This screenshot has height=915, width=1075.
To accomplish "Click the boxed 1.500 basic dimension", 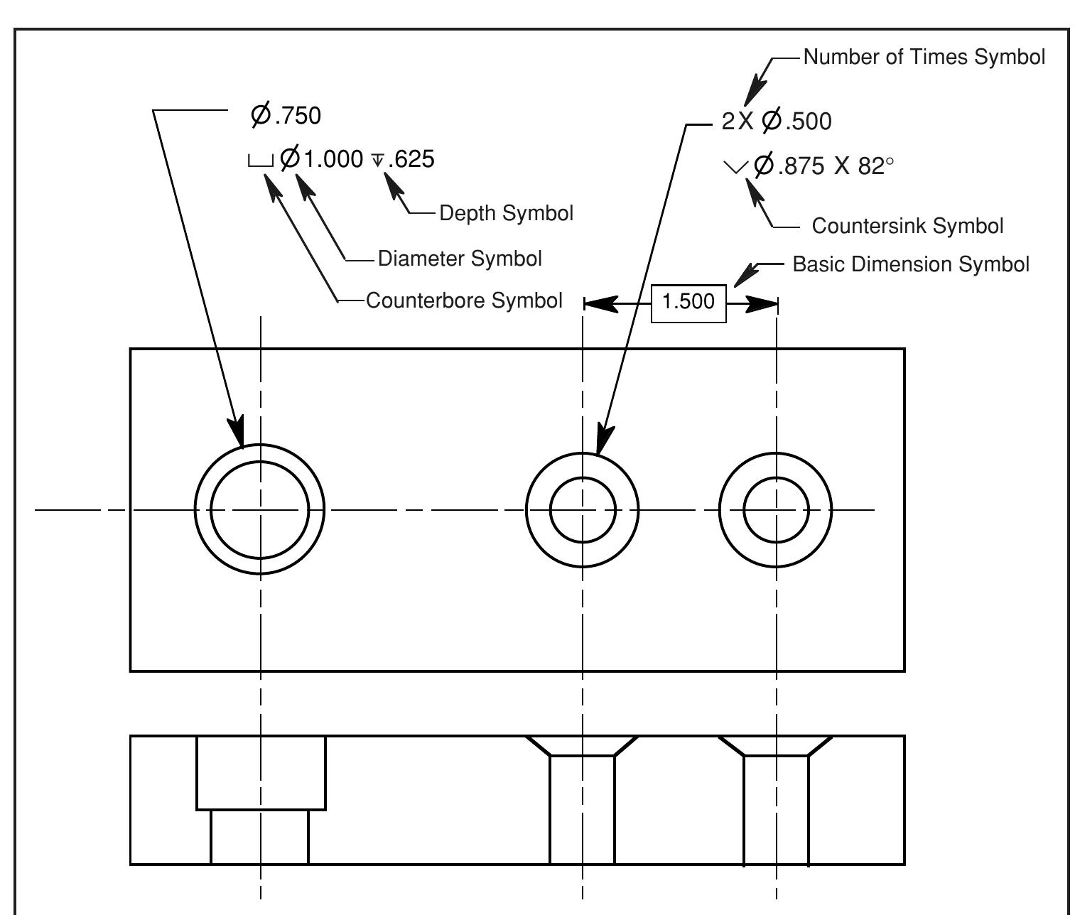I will pyautogui.click(x=688, y=302).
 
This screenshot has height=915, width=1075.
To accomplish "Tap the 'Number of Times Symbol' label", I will pyautogui.click(x=924, y=58).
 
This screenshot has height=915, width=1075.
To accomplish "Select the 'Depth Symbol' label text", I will pyautogui.click(x=506, y=213).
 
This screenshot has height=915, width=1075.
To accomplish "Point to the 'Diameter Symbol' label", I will pyautogui.click(x=460, y=259).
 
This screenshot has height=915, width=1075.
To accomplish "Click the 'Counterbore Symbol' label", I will pyautogui.click(x=464, y=301).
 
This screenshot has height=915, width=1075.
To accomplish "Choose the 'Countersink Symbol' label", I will pyautogui.click(x=907, y=227).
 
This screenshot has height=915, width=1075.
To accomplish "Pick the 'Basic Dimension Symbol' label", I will pyautogui.click(x=910, y=265).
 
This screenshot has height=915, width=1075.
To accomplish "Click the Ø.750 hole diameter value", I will pyautogui.click(x=286, y=115).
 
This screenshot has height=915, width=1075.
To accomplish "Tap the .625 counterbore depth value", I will pyautogui.click(x=411, y=159).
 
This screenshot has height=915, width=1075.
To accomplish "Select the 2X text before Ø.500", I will pyautogui.click(x=737, y=121).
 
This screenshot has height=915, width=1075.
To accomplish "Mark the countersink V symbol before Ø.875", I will pyautogui.click(x=735, y=168).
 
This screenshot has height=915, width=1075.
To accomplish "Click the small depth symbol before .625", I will pyautogui.click(x=378, y=161).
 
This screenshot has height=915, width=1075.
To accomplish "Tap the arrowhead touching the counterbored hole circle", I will pyautogui.click(x=237, y=432).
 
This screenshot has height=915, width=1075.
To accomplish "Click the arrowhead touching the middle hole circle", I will pyautogui.click(x=603, y=439).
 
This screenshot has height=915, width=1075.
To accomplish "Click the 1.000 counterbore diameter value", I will pyautogui.click(x=333, y=159).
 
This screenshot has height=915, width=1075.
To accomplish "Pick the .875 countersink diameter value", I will pyautogui.click(x=801, y=166).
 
